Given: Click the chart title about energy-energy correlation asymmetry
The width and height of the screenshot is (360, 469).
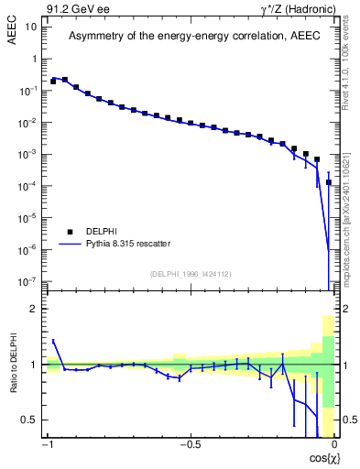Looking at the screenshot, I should point(191,36).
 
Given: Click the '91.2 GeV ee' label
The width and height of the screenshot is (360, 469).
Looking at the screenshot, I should point(75,8).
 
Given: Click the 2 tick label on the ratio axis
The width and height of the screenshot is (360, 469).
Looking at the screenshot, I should point(36,309).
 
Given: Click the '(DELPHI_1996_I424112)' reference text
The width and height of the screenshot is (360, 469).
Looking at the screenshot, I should point(191,272).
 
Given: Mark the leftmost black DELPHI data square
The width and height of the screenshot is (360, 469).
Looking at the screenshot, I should point(53,82).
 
